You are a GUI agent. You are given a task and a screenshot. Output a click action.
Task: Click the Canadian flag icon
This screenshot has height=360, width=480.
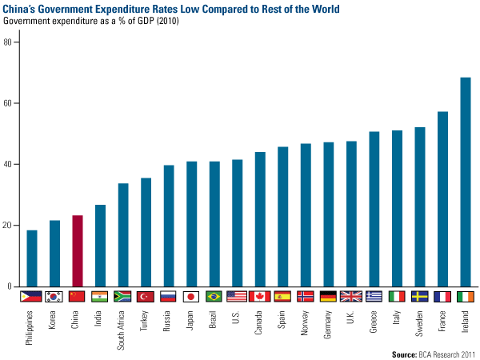(260, 296)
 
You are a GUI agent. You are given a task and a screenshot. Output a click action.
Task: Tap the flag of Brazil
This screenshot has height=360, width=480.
(214, 296)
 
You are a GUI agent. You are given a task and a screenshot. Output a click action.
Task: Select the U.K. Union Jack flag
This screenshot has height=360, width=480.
(351, 296)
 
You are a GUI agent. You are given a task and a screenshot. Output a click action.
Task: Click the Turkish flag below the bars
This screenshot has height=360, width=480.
(146, 296)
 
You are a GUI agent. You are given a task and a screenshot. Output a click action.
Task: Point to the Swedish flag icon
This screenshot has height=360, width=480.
(420, 296)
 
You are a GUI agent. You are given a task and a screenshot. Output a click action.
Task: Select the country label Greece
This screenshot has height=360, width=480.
(374, 320)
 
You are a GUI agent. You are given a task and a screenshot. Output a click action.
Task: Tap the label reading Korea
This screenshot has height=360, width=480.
(55, 318)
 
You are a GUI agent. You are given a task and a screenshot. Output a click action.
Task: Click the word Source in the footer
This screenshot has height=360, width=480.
(408, 352)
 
